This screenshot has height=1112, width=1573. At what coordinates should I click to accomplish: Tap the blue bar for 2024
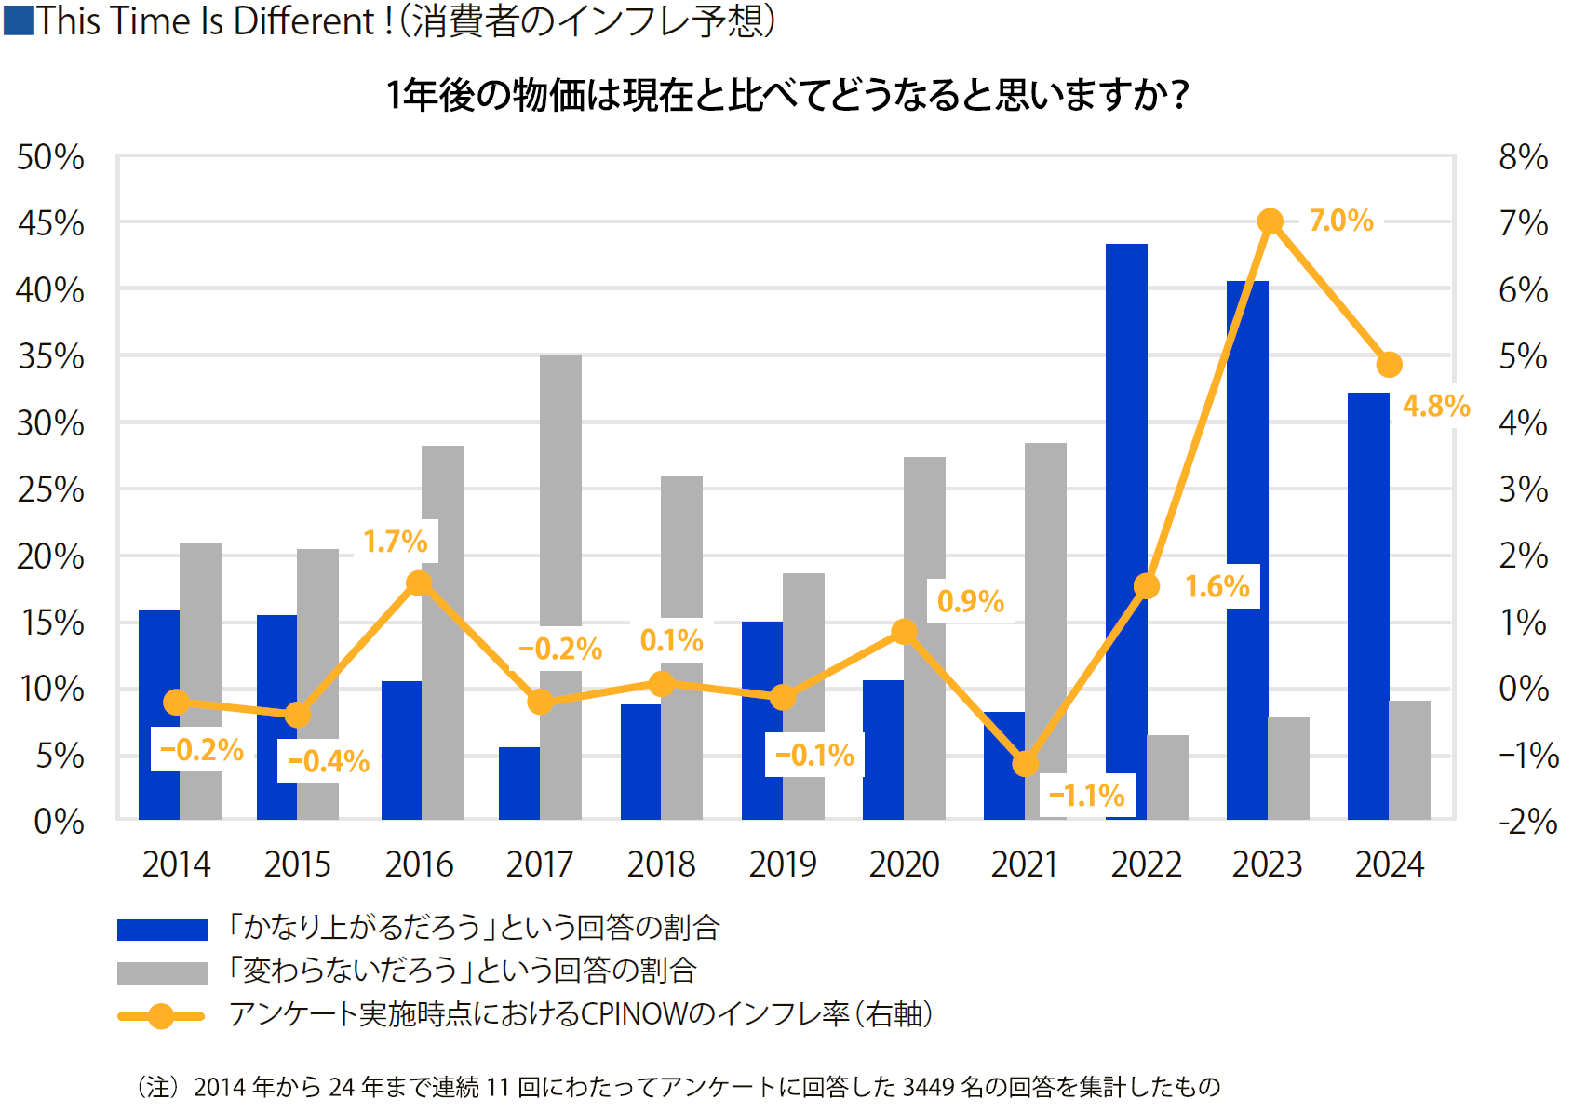(1368, 605)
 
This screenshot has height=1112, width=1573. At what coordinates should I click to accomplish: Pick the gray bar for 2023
(1288, 768)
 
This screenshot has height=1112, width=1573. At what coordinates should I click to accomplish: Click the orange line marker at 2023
(1270, 221)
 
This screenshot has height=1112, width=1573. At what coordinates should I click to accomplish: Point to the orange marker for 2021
(1025, 764)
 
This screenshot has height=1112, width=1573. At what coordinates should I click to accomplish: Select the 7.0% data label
(1340, 221)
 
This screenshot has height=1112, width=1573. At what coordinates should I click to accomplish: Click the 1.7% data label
(396, 542)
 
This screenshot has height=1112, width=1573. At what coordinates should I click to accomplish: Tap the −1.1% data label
(1087, 796)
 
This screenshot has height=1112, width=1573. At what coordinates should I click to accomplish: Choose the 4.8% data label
(1436, 406)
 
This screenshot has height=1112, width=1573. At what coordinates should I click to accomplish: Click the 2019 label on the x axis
(783, 864)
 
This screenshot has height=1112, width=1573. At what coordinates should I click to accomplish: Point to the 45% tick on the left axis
(51, 224)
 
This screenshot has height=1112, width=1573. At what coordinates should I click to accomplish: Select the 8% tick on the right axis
(1523, 157)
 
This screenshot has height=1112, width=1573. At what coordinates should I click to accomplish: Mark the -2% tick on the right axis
(1527, 822)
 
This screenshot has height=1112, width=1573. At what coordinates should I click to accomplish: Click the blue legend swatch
(162, 930)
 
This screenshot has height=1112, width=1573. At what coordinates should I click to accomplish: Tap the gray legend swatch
(162, 972)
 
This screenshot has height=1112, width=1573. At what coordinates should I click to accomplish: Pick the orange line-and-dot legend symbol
(161, 1016)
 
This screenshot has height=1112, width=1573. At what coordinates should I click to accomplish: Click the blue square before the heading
(19, 20)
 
